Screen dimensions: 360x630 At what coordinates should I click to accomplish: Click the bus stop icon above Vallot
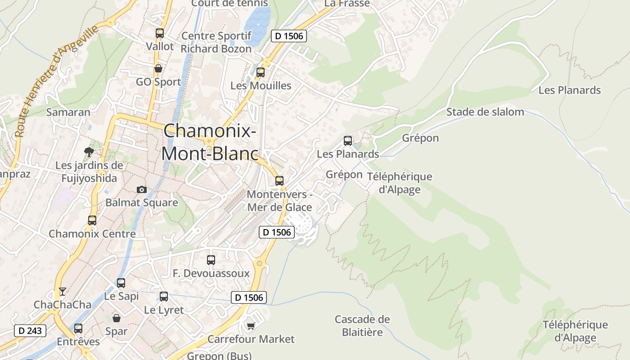click(x=160, y=33)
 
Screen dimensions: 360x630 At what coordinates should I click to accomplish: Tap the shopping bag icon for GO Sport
click(x=158, y=68)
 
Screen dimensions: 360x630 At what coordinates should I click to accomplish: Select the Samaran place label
click(x=68, y=112)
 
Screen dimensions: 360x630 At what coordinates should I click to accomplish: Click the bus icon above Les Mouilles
click(x=260, y=72)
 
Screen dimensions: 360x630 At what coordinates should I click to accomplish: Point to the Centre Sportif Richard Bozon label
click(x=216, y=42)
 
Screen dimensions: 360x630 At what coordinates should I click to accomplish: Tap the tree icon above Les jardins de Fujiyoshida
click(x=89, y=152)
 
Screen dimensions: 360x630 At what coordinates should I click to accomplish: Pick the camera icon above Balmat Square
click(x=142, y=189)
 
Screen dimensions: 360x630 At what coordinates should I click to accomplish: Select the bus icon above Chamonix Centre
click(x=92, y=220)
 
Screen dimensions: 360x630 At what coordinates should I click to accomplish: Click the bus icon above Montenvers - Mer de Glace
click(x=279, y=181)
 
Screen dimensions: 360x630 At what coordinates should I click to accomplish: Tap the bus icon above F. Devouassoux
click(x=211, y=260)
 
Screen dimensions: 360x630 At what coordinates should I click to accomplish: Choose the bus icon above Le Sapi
click(x=121, y=283)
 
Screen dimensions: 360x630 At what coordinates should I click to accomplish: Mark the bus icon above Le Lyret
click(x=164, y=297)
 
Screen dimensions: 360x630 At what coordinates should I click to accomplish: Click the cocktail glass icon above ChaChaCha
click(x=63, y=291)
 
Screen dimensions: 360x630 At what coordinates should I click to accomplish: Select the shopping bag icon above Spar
click(x=117, y=318)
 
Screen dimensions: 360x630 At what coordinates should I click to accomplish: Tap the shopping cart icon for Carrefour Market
click(x=251, y=325)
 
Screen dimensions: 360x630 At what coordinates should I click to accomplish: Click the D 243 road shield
click(x=30, y=331)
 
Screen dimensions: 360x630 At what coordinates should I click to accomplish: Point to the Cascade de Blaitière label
click(x=362, y=326)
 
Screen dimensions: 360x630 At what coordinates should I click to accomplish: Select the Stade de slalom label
click(x=485, y=112)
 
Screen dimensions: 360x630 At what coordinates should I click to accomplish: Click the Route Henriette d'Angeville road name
click(x=56, y=81)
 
